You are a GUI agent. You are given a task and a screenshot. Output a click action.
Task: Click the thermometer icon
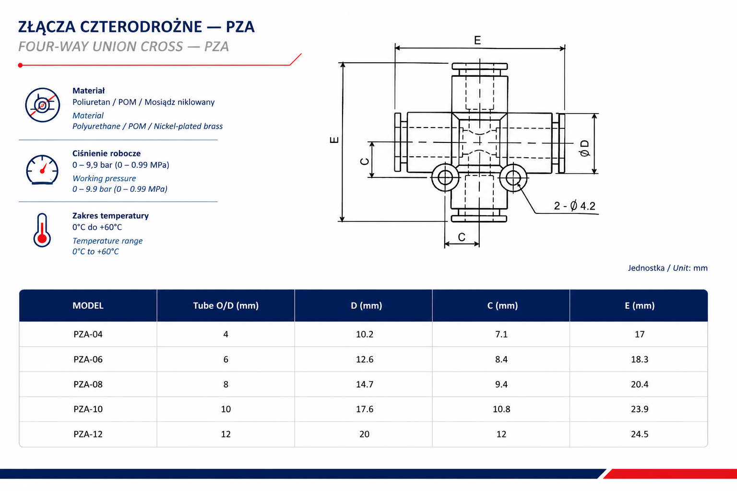pos(42,230)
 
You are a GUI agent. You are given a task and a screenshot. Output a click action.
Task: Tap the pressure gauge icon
pos(42,170)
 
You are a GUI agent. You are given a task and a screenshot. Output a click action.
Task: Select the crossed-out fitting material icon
pos(42,105)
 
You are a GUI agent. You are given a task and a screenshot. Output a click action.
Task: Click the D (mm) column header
pos(366,305)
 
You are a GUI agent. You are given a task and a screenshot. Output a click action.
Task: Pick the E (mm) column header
pos(640,305)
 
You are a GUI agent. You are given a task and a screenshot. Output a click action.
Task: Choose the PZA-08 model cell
pos(88,384)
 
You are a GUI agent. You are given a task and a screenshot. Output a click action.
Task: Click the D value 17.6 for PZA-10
pos(365,409)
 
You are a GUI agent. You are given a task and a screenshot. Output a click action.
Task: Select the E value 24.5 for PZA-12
pos(640,434)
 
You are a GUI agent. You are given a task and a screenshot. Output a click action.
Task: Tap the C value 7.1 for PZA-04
pos(501,335)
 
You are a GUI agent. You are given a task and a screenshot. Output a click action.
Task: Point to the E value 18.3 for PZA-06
pos(640,359)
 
